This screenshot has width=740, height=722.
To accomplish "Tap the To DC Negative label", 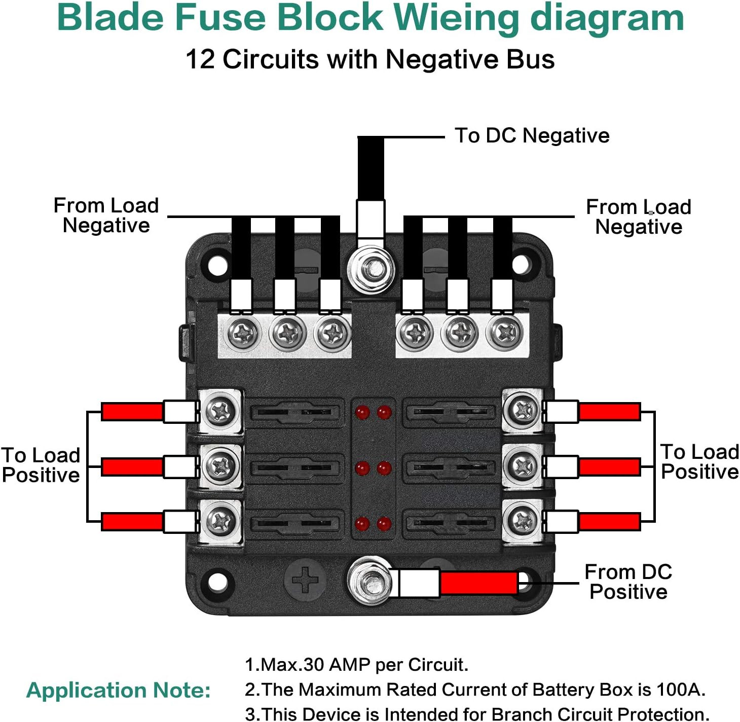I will pos(532,135).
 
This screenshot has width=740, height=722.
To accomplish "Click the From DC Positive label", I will pos(628,582).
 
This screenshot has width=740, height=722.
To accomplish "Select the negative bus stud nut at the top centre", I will pos(372,268).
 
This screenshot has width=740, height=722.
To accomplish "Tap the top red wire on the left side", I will pos(132,411).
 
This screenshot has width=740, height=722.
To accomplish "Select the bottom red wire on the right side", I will pos(609,522).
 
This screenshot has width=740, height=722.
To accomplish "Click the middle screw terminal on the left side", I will pos(220,466).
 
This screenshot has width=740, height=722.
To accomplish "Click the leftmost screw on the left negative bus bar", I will pos(243,334).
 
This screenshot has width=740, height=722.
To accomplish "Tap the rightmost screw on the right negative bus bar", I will pos(503,333).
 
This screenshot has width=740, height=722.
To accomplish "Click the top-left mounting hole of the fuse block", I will pos(218,266).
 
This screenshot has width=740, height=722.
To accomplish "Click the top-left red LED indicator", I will pos(362,412).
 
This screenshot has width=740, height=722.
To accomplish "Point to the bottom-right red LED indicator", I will pos(384,523).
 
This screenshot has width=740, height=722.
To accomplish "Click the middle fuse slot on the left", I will pos(294,467).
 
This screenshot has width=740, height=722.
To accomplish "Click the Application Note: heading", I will pos(119,690).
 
